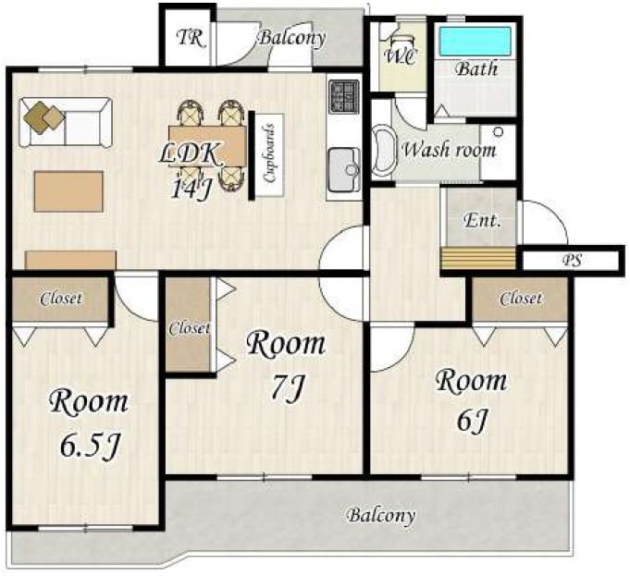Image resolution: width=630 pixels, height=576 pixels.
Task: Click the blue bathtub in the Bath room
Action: click(476, 42)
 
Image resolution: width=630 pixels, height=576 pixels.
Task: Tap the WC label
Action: click(401, 56)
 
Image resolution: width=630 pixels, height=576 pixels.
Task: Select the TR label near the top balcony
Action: click(191, 38)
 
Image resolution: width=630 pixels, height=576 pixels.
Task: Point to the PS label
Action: click(572, 260)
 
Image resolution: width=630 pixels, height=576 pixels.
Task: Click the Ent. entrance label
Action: click(482, 221)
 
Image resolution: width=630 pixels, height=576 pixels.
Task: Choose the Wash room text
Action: click(449, 150)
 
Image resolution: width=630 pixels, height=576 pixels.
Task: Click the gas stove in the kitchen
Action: click(344, 95)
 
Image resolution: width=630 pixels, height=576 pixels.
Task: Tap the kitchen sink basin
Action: click(345, 170)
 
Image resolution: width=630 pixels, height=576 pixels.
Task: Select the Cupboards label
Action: click(269, 153)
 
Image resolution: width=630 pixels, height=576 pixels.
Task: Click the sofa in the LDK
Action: click(66, 122)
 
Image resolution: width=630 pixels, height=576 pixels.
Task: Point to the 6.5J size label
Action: click(91, 446)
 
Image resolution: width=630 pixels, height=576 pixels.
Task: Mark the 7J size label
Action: click(286, 388)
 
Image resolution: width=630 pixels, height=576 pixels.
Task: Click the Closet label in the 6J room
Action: click(521, 299)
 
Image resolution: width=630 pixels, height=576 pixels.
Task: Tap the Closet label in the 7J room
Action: click(189, 328)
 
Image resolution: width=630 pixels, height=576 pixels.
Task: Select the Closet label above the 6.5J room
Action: click(61, 299)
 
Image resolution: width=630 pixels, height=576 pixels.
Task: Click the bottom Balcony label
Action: click(381, 515)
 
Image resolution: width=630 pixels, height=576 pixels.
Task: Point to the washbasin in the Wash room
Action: click(384, 152)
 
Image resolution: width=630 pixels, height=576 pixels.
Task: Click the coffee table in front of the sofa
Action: click(68, 191)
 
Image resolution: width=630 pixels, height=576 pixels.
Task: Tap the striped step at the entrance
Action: click(478, 259)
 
